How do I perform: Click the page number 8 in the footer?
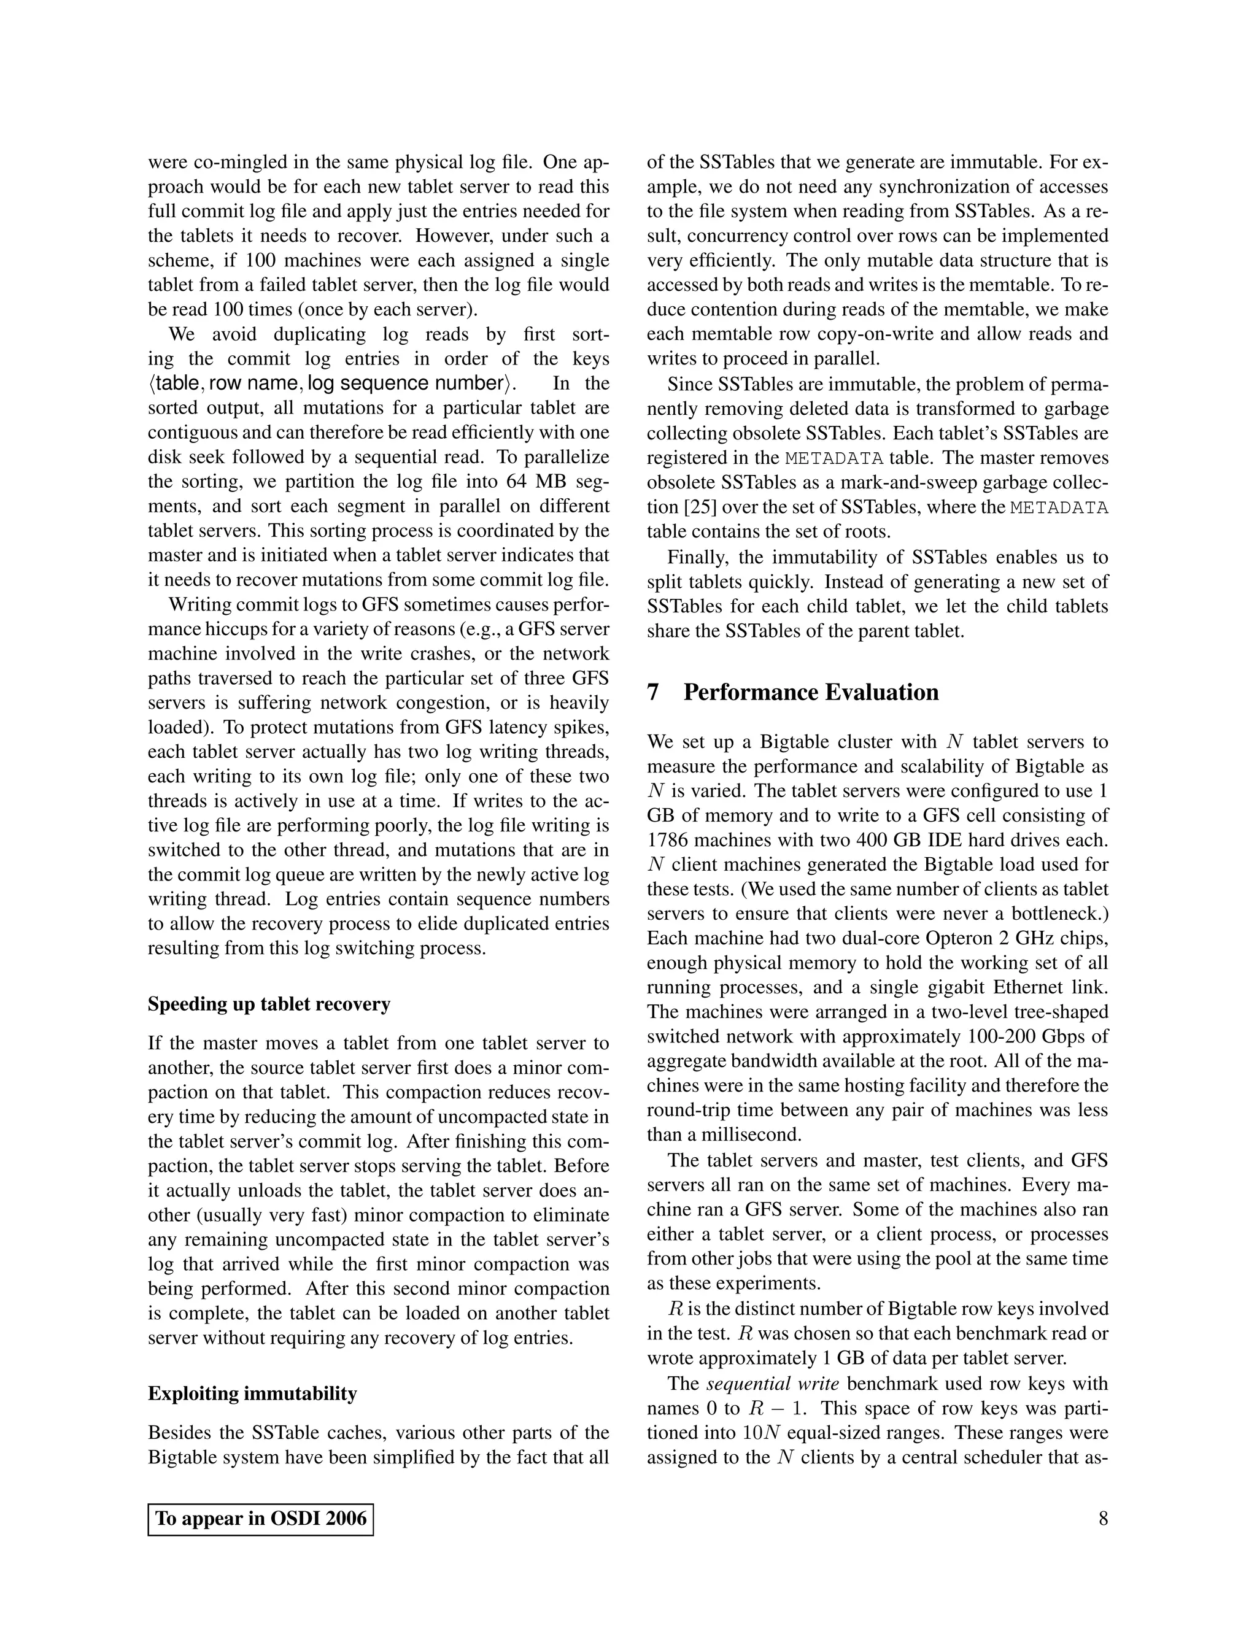1103,1518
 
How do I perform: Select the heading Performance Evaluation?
810,692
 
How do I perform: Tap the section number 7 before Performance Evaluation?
653,692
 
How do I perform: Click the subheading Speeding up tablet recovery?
269,1004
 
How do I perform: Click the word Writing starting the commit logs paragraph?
198,605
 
